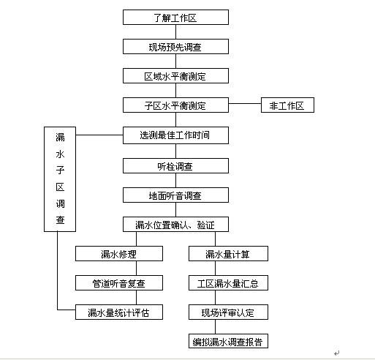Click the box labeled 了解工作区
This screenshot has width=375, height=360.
[175, 18]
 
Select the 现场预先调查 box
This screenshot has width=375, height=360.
[175, 47]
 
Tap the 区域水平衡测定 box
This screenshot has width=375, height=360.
[175, 76]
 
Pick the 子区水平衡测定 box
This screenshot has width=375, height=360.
[175, 105]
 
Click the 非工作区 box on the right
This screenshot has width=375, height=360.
[287, 105]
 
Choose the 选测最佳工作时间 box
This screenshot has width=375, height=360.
[175, 135]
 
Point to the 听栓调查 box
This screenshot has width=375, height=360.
[175, 166]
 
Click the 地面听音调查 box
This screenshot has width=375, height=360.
[175, 195]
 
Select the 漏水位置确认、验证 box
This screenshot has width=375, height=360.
[175, 225]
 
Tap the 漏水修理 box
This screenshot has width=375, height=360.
[119, 254]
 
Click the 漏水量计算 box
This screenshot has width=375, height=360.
[228, 254]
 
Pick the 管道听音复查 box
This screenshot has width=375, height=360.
[119, 283]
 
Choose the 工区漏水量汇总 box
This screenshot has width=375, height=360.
[228, 283]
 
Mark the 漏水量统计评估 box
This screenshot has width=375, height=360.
[119, 312]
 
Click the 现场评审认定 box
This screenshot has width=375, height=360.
[228, 312]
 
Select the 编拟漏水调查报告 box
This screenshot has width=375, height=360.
[228, 341]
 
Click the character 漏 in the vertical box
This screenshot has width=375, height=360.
[60, 138]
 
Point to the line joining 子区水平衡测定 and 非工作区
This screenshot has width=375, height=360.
[245, 103]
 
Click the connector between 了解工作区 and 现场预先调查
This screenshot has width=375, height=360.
[176, 32]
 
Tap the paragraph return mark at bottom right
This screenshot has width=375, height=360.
[336, 353]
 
